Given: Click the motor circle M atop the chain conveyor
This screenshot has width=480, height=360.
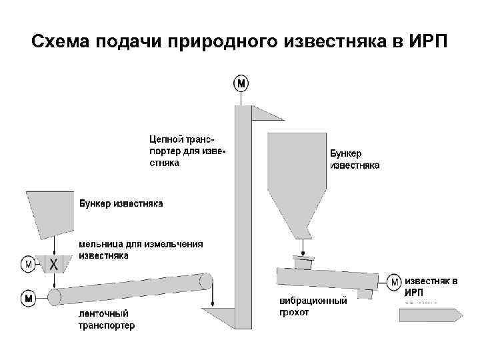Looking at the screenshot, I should (241, 83).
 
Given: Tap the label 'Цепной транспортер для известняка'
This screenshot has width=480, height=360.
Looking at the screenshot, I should (187, 151).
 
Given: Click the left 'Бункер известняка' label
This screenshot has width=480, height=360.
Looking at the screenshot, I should (121, 203).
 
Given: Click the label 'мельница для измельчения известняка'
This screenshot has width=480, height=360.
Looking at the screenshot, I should (141, 249).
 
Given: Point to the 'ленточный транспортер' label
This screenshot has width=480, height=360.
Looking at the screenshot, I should (107, 319).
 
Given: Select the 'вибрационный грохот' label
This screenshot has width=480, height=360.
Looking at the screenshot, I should (313, 307).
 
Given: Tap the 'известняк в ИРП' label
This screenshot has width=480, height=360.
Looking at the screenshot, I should (431, 287).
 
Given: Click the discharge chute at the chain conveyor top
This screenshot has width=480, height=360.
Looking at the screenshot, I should (265, 113).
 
